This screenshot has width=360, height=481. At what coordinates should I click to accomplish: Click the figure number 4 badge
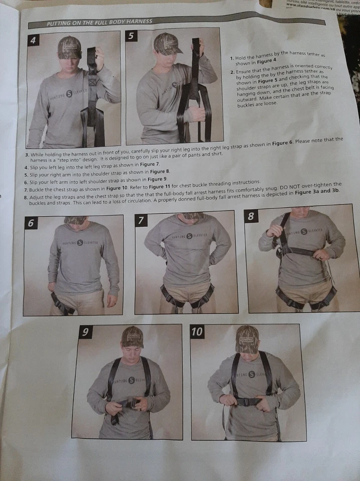(x=34, y=41)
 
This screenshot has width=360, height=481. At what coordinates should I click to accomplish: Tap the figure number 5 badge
(x=131, y=36)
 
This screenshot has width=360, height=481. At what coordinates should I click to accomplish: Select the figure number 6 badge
(x=32, y=223)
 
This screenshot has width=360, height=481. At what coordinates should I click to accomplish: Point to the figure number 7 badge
(x=141, y=220)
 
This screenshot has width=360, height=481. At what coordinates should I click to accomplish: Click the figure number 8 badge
(x=251, y=216)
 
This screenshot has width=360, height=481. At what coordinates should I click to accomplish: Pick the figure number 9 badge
(x=86, y=332)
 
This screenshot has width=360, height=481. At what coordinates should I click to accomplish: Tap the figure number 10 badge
(x=197, y=332)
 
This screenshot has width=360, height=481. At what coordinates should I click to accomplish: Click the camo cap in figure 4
(x=69, y=48)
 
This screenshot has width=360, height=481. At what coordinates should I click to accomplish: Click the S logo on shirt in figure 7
(x=189, y=235)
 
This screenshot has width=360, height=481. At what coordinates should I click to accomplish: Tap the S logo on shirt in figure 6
(x=80, y=243)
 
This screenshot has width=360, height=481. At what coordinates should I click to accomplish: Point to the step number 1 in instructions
(x=232, y=59)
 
